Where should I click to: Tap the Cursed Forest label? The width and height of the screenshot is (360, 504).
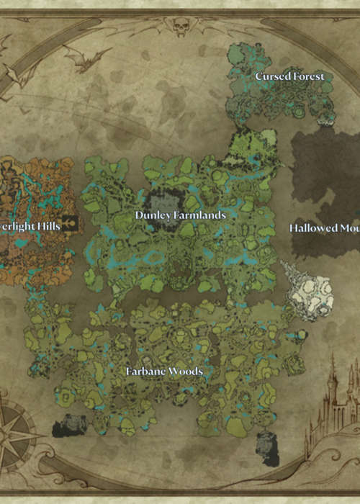click(x=289, y=76)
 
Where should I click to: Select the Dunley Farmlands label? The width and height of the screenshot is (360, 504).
click(x=181, y=215)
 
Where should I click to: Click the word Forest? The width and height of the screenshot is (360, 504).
click(x=308, y=76)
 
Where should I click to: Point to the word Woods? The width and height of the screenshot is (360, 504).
click(x=185, y=372)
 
